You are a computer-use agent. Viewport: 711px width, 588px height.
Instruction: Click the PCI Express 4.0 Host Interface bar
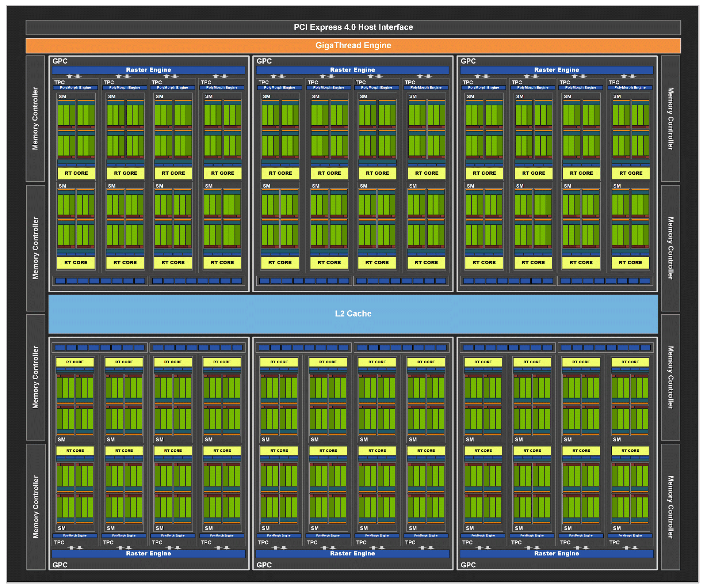(x=353, y=27)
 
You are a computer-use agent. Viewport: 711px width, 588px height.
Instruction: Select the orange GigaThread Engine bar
(x=353, y=46)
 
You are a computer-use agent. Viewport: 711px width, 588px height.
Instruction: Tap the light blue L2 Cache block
(x=353, y=314)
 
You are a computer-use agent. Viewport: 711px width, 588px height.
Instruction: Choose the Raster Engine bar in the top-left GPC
(x=149, y=70)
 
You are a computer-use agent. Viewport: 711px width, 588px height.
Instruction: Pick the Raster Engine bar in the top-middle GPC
(x=353, y=70)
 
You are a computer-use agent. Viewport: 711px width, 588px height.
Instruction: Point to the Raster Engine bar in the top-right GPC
(x=557, y=70)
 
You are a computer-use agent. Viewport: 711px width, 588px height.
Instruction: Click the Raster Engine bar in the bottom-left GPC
(x=149, y=554)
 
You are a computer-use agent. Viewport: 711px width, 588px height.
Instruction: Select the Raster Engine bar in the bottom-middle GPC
(x=353, y=554)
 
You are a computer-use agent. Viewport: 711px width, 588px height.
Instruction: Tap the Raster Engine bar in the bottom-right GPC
(x=557, y=554)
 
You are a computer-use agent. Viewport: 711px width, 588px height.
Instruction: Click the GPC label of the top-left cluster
(x=60, y=61)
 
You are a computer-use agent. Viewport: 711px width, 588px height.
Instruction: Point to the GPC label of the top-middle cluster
(x=264, y=61)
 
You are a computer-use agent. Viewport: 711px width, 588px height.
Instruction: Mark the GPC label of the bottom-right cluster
(x=468, y=565)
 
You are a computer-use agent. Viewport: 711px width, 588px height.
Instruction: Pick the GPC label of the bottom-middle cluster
(x=264, y=565)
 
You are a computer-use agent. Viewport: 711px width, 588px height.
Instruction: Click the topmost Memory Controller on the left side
(x=35, y=118)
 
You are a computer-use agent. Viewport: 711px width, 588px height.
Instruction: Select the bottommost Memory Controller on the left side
(x=35, y=507)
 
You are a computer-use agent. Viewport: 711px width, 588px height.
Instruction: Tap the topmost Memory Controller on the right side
(x=670, y=118)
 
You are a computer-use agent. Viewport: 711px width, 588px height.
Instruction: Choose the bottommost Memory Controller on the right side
(x=670, y=507)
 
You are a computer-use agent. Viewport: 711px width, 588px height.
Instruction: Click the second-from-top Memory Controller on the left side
(x=35, y=248)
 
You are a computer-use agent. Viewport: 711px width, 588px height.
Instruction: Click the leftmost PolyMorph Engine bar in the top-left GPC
(x=76, y=88)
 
